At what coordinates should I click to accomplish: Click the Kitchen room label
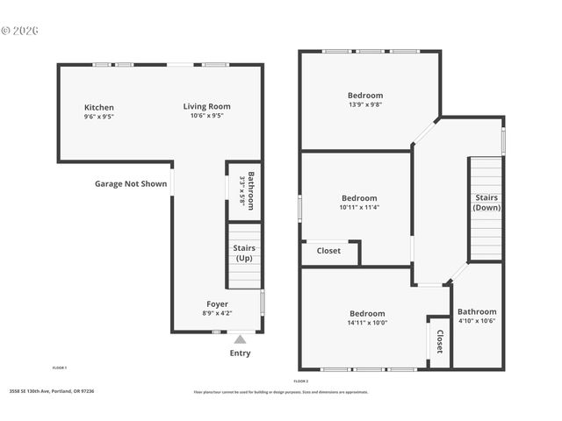click(98, 107)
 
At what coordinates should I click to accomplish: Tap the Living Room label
click(206, 106)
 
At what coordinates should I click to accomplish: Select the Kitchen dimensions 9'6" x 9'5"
click(98, 116)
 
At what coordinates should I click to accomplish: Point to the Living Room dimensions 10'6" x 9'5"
click(206, 115)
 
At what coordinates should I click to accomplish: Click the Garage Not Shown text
click(131, 184)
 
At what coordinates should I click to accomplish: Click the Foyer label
click(217, 304)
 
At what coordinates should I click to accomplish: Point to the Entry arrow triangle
click(240, 339)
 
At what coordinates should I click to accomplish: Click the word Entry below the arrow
click(240, 353)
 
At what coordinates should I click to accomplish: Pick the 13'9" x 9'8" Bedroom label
click(364, 95)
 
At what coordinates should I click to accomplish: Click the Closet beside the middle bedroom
click(328, 251)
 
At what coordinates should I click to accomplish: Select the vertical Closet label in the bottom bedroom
click(439, 341)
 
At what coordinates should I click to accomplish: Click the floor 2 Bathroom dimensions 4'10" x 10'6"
click(477, 320)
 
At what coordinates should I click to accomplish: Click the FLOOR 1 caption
click(60, 367)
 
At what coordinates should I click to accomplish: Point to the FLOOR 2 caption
click(300, 382)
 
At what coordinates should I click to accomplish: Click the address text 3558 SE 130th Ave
click(51, 391)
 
